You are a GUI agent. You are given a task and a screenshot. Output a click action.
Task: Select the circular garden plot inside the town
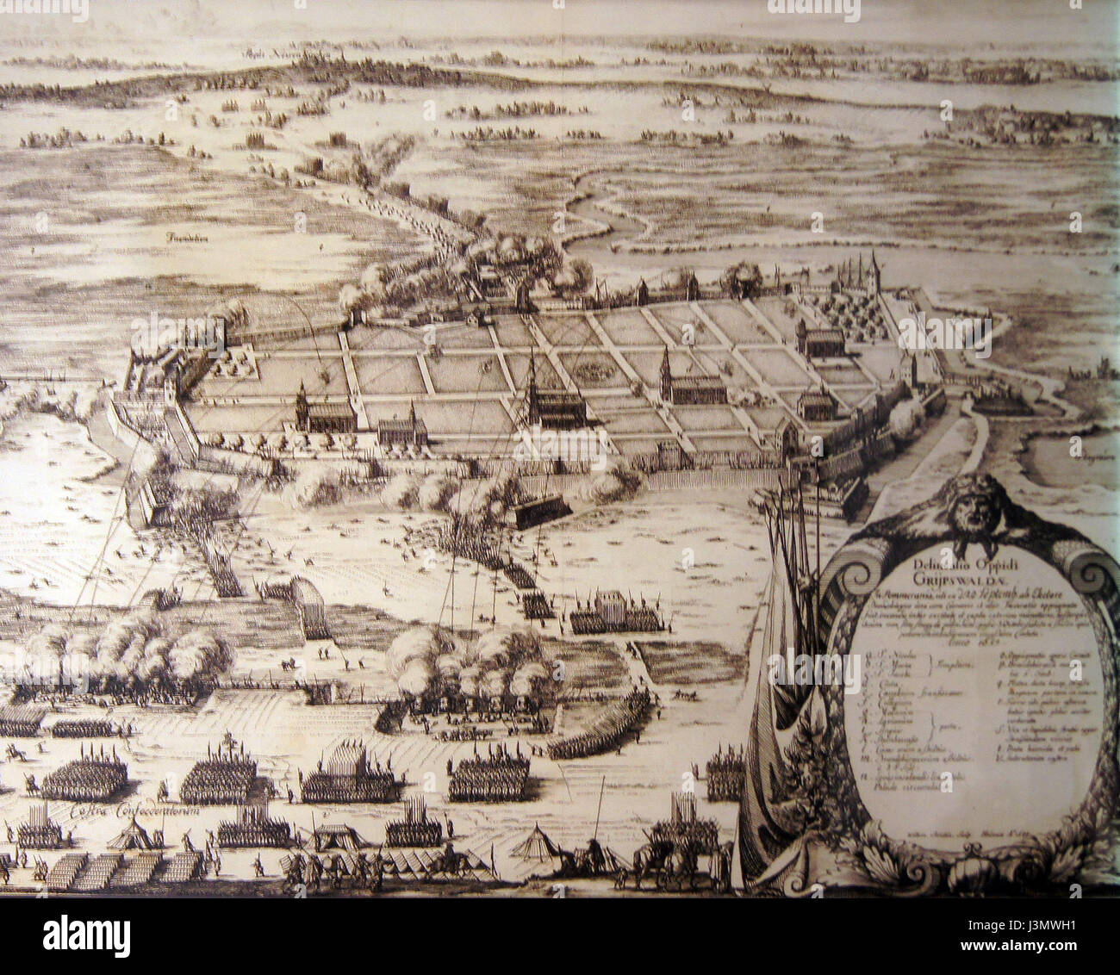coord(594,371)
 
